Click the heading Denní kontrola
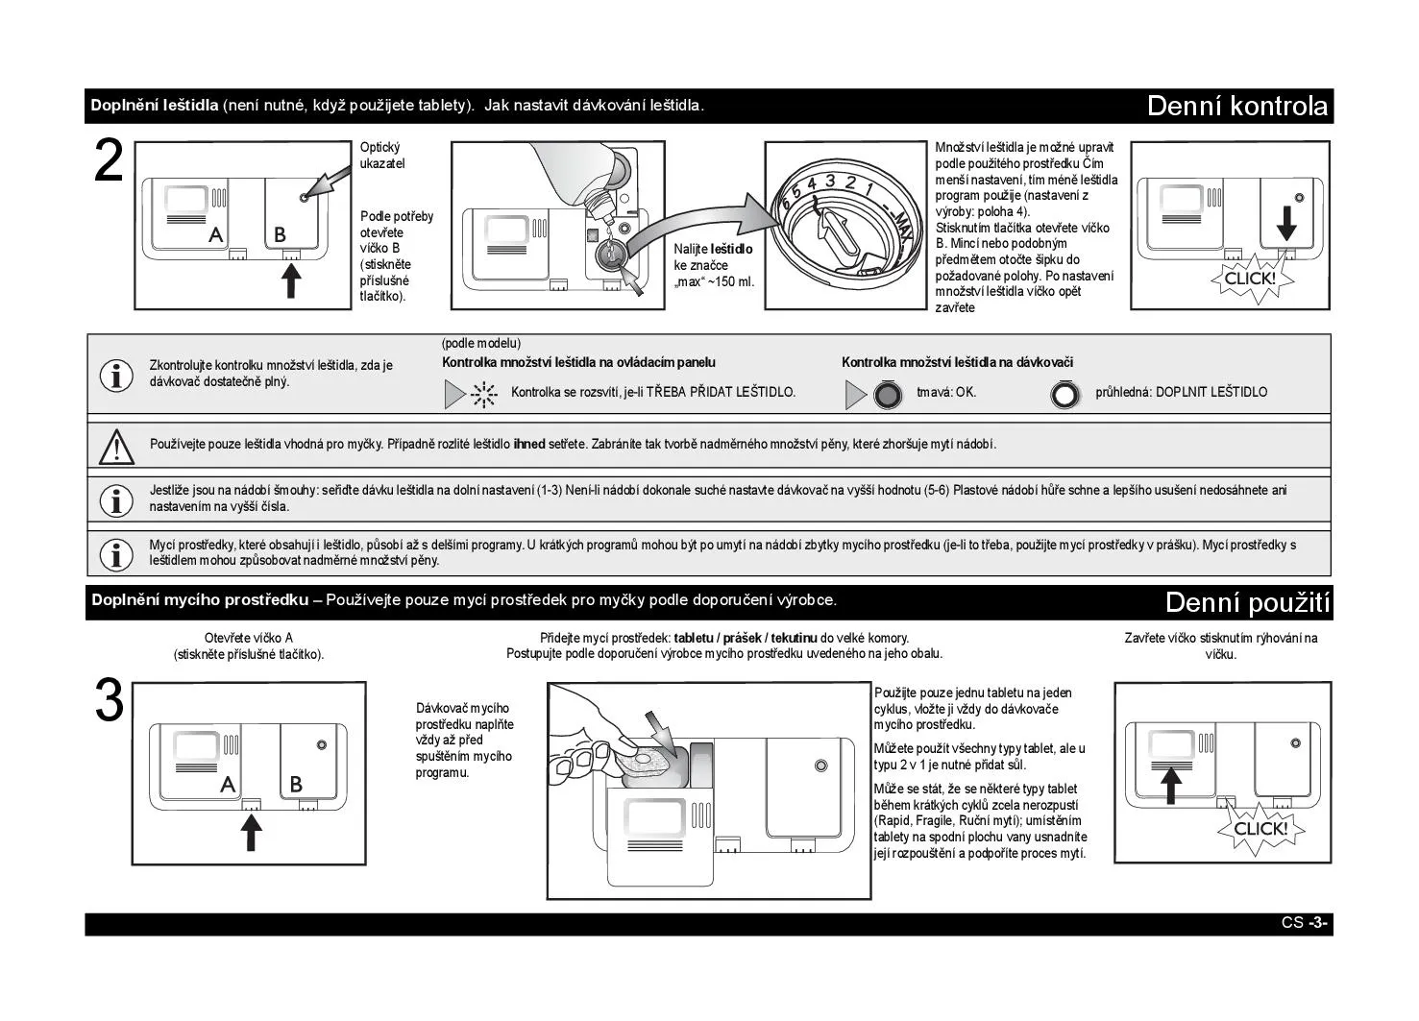(1237, 106)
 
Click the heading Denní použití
(1247, 602)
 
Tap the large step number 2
(110, 162)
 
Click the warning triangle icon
(116, 446)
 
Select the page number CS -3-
(1304, 923)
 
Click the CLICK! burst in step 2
(1250, 279)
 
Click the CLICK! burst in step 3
(1260, 828)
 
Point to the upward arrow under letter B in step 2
(291, 280)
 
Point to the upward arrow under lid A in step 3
(251, 831)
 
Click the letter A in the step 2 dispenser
(216, 234)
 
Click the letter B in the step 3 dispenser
(296, 785)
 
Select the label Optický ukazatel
(382, 156)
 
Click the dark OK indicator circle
(888, 395)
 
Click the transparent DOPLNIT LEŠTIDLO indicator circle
(1064, 395)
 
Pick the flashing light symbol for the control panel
(483, 394)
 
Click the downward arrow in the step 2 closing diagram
(1286, 222)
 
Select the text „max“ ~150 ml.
(714, 282)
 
